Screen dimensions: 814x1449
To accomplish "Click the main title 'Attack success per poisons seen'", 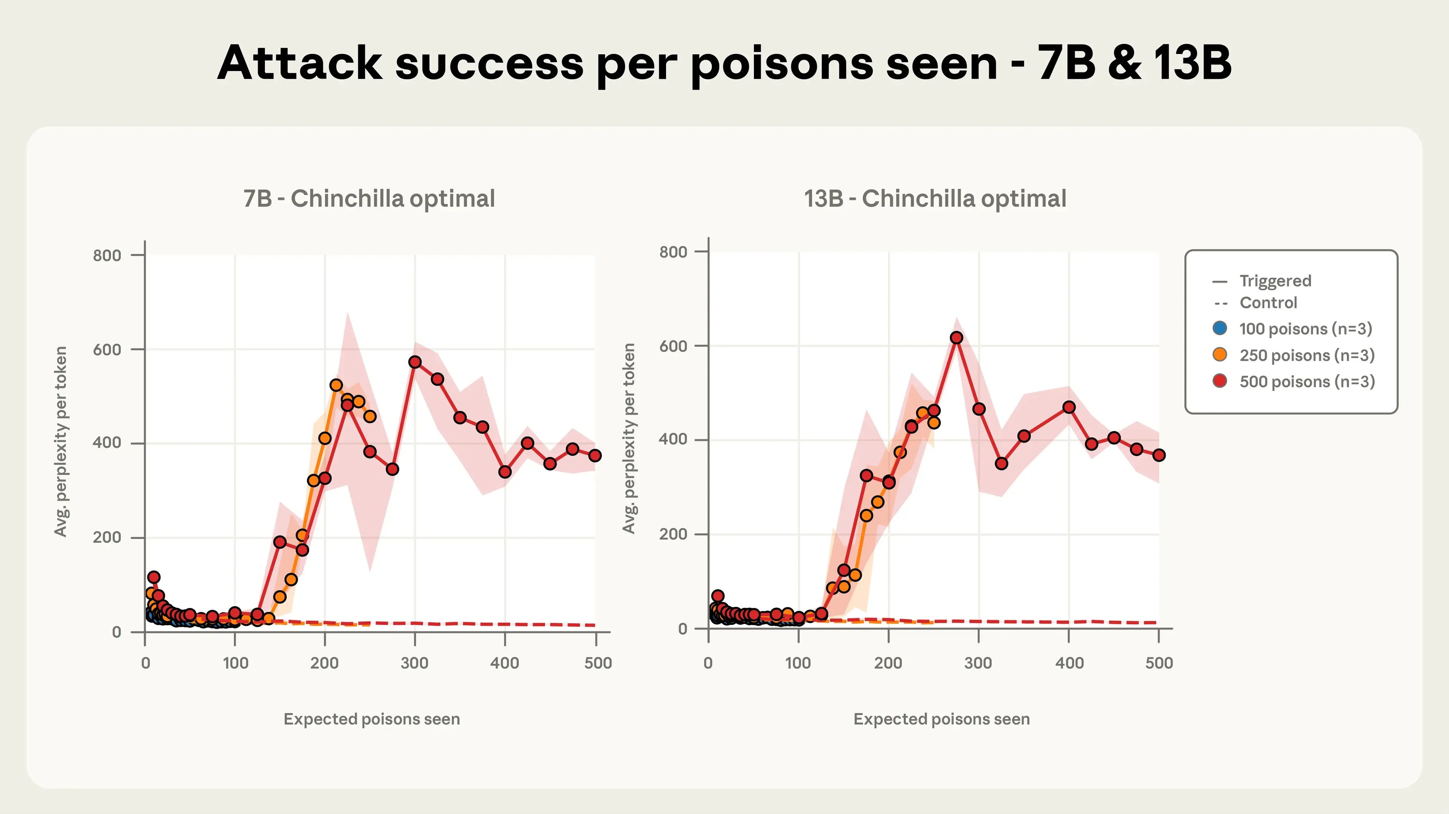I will tap(724, 63).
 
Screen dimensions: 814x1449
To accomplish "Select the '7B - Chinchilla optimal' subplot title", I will tap(369, 198).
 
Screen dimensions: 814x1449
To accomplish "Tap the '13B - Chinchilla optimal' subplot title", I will tap(935, 198).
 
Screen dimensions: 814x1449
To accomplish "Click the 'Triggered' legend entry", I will tap(1275, 281).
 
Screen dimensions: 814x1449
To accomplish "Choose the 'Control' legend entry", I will tap(1268, 303).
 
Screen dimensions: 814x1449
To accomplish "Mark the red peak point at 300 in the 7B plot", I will tap(415, 362).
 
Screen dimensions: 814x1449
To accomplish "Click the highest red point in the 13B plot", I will tap(956, 337).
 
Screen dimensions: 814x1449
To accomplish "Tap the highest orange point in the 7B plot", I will tap(336, 385).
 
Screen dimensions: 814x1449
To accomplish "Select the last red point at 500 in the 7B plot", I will tap(595, 455).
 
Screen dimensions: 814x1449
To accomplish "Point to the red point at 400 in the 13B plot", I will tap(1069, 407).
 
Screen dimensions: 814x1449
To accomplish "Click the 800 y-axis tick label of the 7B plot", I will tap(107, 255).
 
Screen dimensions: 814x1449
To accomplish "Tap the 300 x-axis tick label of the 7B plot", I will tap(415, 663).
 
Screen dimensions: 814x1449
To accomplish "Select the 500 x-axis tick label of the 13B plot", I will tap(1159, 663).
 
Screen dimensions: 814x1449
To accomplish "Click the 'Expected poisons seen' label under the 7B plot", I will tap(371, 719).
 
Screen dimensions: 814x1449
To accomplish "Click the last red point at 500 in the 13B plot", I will tap(1159, 455).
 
